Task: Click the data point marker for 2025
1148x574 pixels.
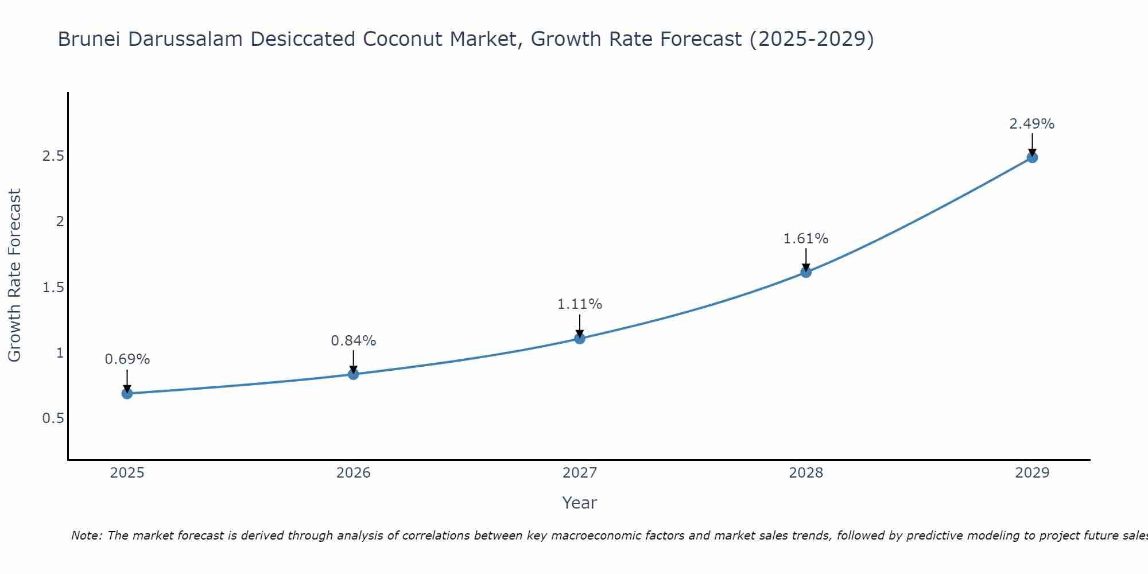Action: click(127, 393)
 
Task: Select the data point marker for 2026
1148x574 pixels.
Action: click(354, 374)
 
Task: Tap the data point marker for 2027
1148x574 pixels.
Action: click(580, 339)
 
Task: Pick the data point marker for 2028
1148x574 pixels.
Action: click(806, 272)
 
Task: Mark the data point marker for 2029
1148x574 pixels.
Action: click(1032, 157)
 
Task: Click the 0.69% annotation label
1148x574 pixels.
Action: click(127, 359)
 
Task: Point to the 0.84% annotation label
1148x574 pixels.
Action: click(354, 341)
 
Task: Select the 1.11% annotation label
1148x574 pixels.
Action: click(580, 304)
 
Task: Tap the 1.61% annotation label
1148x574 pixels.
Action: click(806, 239)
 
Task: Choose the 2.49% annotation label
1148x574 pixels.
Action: click(1032, 124)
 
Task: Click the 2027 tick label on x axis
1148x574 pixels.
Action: click(580, 473)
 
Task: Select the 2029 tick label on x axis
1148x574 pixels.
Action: click(1032, 473)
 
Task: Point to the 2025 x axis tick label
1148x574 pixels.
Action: click(127, 473)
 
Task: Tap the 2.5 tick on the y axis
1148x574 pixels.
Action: click(53, 156)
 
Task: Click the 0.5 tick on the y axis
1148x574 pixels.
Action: click(53, 418)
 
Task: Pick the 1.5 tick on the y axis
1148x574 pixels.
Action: click(53, 288)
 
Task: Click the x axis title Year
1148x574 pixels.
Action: click(580, 503)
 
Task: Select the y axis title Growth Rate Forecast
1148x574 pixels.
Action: click(14, 276)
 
